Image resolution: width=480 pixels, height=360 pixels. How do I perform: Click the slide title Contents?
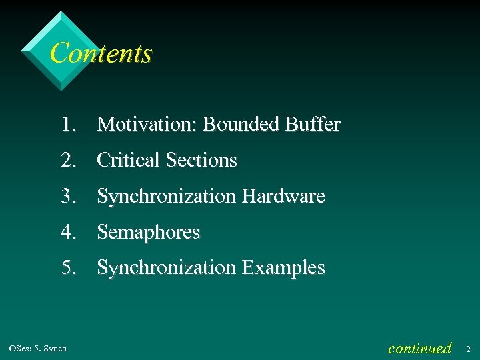click(101, 53)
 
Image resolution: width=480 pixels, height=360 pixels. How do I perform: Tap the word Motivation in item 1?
click(147, 125)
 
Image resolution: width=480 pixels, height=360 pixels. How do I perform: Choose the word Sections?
click(201, 161)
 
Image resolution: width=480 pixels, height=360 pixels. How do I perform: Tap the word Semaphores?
click(149, 233)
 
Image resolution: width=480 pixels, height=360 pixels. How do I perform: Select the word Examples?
click(283, 268)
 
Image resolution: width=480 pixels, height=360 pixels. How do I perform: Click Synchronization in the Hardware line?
click(167, 197)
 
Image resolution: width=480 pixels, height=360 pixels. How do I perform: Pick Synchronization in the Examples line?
click(167, 268)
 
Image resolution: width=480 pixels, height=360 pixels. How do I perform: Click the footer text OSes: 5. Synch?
click(38, 349)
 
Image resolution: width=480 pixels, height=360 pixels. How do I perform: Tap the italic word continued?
click(419, 348)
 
